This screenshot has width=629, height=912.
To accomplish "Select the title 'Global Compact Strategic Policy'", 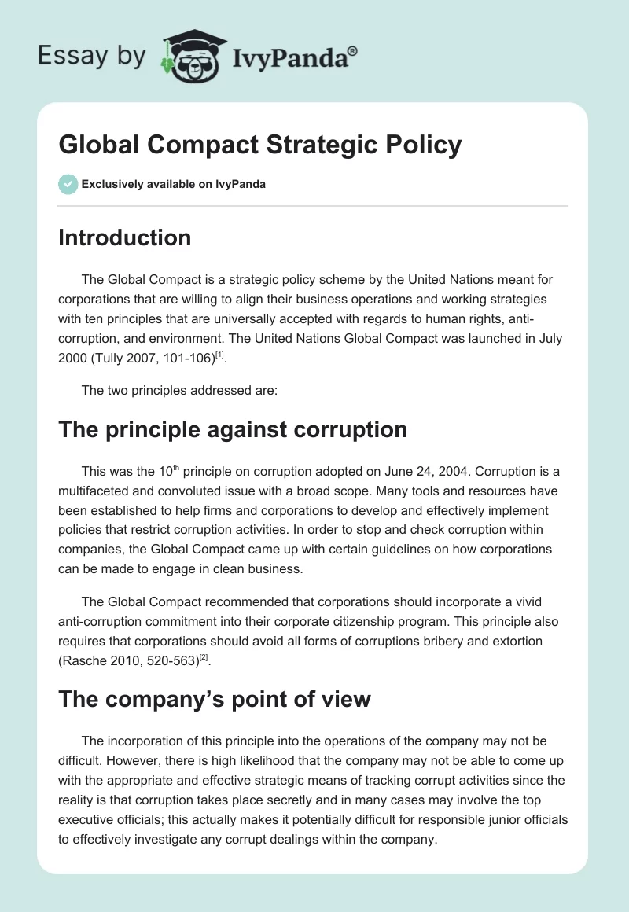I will (x=259, y=145).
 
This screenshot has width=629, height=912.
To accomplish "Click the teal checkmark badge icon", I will (x=68, y=184).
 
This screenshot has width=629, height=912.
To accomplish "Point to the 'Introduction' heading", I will (x=124, y=237).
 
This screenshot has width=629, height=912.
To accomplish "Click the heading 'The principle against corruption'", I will (x=233, y=429).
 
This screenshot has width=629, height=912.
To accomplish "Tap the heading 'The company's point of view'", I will (x=214, y=698).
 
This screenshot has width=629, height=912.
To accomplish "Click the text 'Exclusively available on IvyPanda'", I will (x=173, y=184).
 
